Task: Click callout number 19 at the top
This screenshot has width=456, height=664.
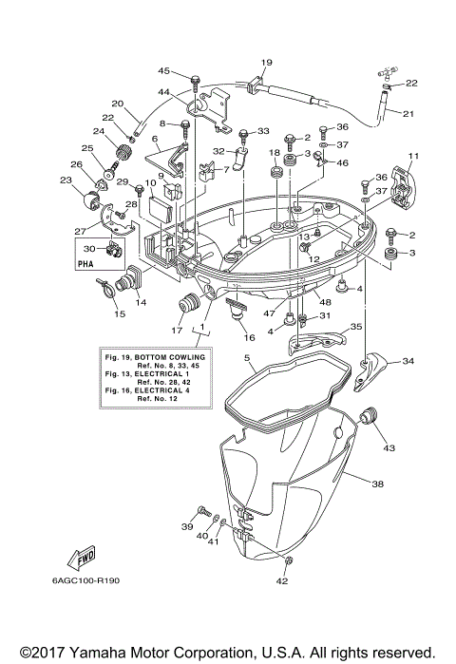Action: (267, 63)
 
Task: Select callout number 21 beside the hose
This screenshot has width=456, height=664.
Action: (408, 115)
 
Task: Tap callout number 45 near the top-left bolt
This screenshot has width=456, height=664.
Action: (164, 71)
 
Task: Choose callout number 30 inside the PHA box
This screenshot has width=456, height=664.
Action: (88, 248)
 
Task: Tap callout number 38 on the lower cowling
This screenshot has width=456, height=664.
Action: (377, 484)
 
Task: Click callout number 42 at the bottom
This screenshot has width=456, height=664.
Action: (282, 580)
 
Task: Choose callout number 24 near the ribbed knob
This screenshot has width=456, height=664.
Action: (99, 131)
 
